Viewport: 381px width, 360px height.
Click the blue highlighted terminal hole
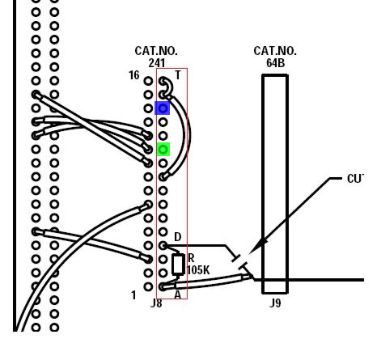163,108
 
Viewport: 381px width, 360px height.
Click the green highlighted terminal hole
163,149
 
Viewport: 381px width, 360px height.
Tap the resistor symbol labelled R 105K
178,265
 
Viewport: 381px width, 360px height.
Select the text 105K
198,270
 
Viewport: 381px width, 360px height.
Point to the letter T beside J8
178,75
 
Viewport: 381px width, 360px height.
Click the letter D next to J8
178,237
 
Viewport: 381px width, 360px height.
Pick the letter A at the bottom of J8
177,294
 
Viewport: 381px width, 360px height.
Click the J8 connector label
156,303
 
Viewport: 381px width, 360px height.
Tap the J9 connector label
275,303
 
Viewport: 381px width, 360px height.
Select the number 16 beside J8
134,75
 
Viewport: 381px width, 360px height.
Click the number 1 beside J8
133,295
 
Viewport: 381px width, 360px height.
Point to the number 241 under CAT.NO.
157,63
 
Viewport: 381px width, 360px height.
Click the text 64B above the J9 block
275,63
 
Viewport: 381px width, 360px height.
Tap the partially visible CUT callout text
356,179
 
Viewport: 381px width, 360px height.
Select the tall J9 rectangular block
275,184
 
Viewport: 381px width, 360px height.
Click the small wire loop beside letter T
169,87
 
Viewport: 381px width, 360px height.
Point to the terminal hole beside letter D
163,245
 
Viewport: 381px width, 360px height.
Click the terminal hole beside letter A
163,286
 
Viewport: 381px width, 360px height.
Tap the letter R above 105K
191,258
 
